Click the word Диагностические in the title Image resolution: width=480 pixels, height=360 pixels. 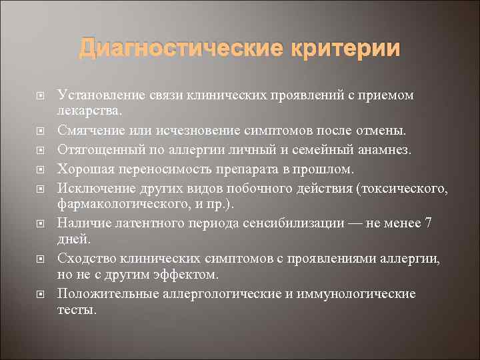[173, 49]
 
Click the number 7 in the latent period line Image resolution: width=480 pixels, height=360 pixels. [429, 223]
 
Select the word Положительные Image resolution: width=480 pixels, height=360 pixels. [99, 293]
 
